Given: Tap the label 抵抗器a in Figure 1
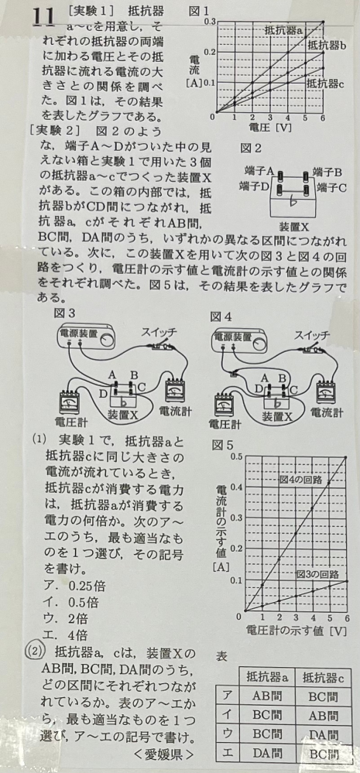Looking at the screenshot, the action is coord(283,31).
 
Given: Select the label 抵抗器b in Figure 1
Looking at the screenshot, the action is coord(326,46).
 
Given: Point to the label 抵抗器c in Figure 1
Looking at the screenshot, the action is coord(324,82).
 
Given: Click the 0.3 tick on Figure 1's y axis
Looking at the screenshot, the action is coord(210,21).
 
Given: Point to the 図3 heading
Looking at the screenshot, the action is coord(66,313).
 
